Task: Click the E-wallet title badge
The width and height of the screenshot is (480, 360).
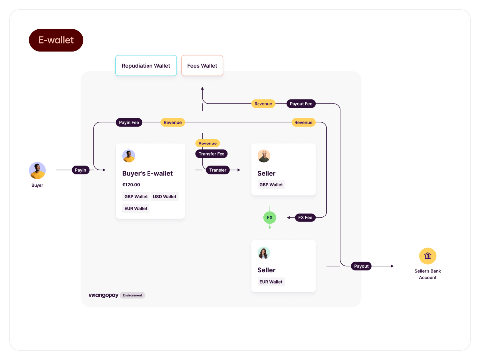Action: (x=56, y=40)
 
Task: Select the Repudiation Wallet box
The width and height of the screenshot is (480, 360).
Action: (x=146, y=66)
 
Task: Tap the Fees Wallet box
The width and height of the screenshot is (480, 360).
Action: (x=202, y=66)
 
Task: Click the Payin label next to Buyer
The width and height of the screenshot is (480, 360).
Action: (x=80, y=170)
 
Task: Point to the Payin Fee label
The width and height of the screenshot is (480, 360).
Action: (x=129, y=122)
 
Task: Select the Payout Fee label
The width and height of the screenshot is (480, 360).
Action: (x=301, y=104)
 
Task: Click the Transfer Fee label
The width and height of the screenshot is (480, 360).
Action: (x=211, y=154)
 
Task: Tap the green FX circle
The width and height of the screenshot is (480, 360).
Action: (x=270, y=217)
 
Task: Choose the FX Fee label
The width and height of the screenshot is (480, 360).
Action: (x=305, y=217)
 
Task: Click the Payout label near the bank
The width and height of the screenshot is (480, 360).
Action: (x=361, y=266)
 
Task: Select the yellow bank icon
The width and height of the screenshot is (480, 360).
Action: (x=428, y=256)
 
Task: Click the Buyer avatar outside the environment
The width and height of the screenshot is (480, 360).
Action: (x=37, y=171)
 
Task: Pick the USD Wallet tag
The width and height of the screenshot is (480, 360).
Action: (x=164, y=196)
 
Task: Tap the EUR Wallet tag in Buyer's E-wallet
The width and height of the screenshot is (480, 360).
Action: (x=136, y=208)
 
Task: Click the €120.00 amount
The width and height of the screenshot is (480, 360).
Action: (x=131, y=185)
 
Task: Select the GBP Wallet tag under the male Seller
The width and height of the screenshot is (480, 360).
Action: (x=271, y=185)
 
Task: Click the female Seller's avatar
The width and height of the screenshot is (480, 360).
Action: (x=264, y=253)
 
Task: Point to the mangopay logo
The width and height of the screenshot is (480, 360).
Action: (x=104, y=295)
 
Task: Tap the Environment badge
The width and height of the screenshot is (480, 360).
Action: (x=132, y=295)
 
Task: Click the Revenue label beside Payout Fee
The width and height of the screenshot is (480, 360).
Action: (x=263, y=104)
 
